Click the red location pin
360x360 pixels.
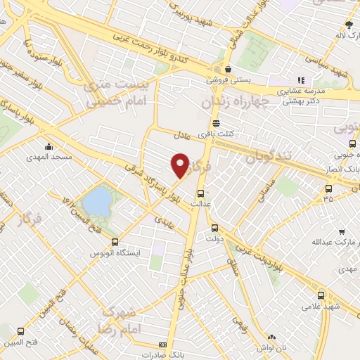pos(180,165)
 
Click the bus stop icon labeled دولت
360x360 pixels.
pos(215,227)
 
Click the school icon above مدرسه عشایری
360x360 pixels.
pos(301,81)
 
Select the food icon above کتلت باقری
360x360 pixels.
pos(215,122)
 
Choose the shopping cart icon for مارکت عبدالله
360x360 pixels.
pos(341,231)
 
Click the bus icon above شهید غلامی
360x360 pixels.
pos(321,295)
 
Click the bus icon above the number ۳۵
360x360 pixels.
pos(328,188)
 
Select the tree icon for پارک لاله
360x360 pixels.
pos(340,24)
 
